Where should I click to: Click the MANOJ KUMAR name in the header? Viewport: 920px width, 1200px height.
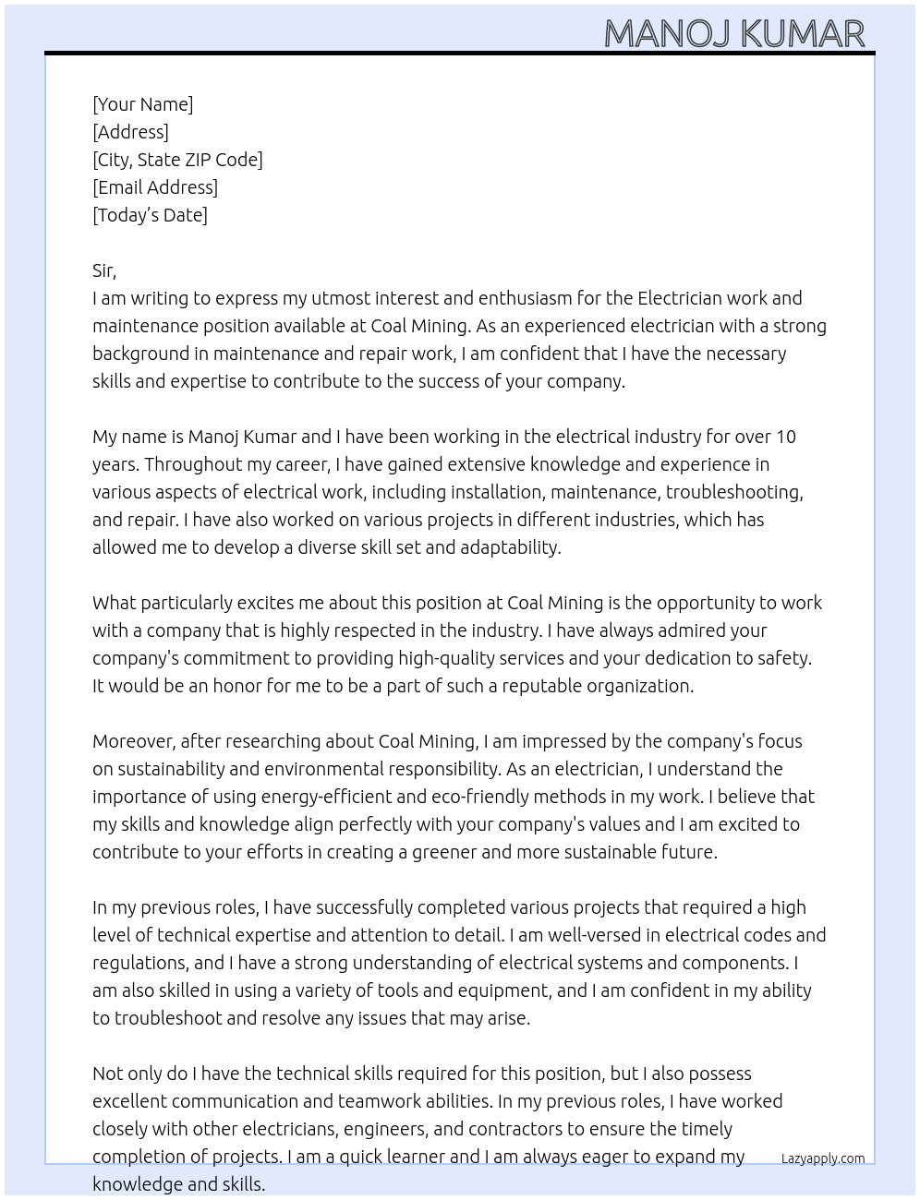tap(734, 34)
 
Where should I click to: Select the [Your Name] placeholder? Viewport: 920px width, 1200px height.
tap(142, 104)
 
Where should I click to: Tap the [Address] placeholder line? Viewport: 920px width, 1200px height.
tap(130, 132)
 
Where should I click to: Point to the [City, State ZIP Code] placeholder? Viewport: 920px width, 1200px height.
tap(177, 160)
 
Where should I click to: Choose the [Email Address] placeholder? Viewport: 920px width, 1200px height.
tap(155, 187)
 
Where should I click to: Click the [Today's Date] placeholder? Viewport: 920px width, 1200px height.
tap(150, 215)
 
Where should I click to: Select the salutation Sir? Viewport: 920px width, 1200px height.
tap(104, 270)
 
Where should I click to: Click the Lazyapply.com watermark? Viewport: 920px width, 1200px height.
tap(823, 1158)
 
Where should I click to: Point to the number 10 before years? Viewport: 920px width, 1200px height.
tap(785, 437)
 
